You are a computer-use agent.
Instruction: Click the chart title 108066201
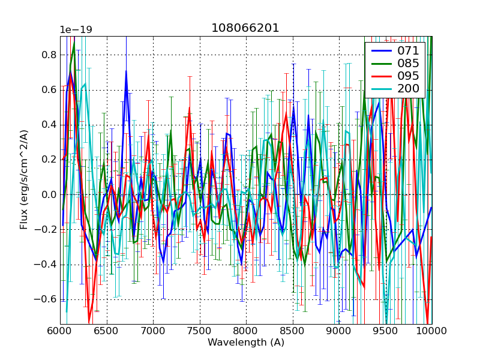click(x=245, y=28)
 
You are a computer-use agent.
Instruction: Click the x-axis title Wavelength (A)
click(x=246, y=343)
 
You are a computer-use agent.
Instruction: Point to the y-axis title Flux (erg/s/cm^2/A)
click(x=24, y=180)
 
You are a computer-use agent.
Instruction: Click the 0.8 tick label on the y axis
click(x=49, y=55)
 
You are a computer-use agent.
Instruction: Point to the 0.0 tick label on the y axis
click(x=49, y=195)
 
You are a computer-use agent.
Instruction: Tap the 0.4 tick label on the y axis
click(x=49, y=125)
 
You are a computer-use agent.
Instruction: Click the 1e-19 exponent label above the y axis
click(x=76, y=30)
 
